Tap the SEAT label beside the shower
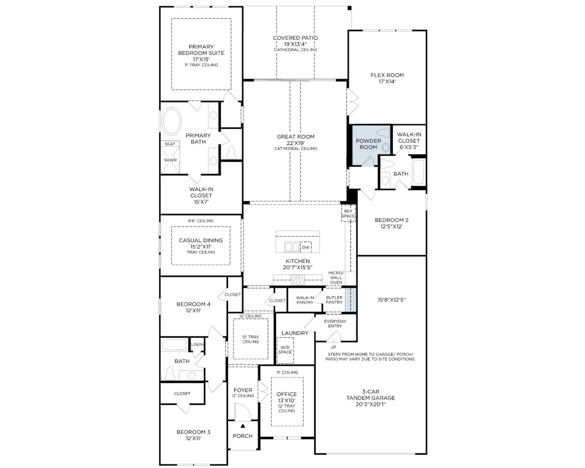pyautogui.click(x=170, y=144)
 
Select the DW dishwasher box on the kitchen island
pyautogui.click(x=306, y=247)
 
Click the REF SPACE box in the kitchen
pyautogui.click(x=348, y=214)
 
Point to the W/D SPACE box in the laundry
pyautogui.click(x=285, y=350)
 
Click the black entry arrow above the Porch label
pyautogui.click(x=243, y=426)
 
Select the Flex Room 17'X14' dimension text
pyautogui.click(x=387, y=81)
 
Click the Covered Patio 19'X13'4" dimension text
pyautogui.click(x=295, y=44)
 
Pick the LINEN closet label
pyautogui.click(x=197, y=344)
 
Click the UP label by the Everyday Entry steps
pyautogui.click(x=333, y=347)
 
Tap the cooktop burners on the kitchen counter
pyautogui.click(x=297, y=280)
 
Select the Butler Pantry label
pyautogui.click(x=334, y=300)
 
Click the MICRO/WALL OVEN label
pyautogui.click(x=336, y=278)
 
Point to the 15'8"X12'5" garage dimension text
pyautogui.click(x=392, y=300)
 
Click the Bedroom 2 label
pyautogui.click(x=392, y=220)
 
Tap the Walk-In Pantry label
pyautogui.click(x=305, y=300)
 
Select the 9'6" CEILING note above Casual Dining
pyautogui.click(x=201, y=221)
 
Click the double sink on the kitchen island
pyautogui.click(x=292, y=247)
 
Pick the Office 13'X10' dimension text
pyautogui.click(x=287, y=400)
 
